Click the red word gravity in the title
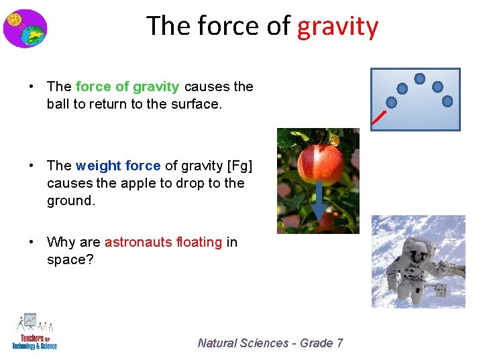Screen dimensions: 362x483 click(x=337, y=27)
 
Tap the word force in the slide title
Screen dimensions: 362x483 click(x=223, y=27)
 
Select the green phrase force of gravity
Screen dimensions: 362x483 click(x=127, y=86)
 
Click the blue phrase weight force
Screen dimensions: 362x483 click(x=118, y=166)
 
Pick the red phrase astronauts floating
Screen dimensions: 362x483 click(x=163, y=242)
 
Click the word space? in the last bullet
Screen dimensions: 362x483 click(x=70, y=259)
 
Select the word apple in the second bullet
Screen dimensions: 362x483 click(x=178, y=183)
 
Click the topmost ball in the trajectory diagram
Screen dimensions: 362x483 click(x=419, y=78)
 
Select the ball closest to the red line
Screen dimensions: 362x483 click(x=392, y=103)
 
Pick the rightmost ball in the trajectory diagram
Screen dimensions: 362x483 click(x=447, y=101)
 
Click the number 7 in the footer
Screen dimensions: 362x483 click(x=339, y=343)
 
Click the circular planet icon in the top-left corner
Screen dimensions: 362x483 click(x=25, y=28)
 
